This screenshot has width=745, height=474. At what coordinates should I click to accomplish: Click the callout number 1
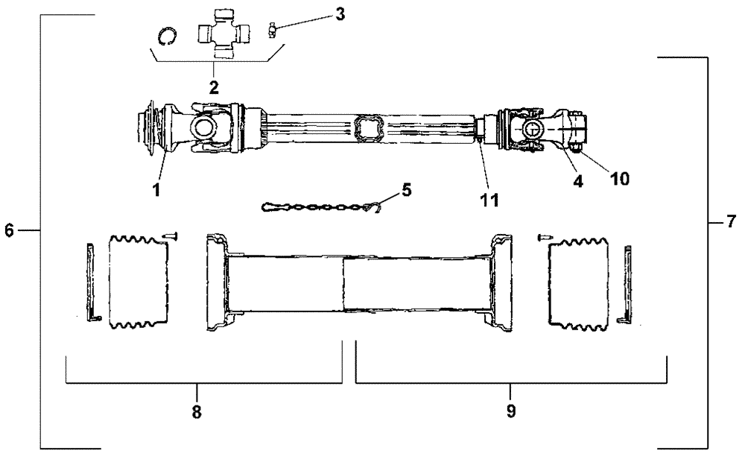(157, 189)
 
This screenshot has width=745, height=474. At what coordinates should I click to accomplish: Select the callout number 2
(214, 87)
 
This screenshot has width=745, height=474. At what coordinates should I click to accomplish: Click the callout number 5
(406, 190)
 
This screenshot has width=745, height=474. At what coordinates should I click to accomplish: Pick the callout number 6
(9, 231)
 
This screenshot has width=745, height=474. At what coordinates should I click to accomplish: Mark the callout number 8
(197, 411)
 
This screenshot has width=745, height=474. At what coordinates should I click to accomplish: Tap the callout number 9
(510, 411)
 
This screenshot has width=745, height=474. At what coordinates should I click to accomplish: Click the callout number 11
(489, 199)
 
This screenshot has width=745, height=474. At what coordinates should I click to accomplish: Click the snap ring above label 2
(169, 36)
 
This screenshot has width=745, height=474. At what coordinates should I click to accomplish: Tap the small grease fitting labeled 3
(273, 29)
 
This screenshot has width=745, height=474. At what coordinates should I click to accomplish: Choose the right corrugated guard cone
(579, 282)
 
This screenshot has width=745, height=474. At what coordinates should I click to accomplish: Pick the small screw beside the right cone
(543, 238)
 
